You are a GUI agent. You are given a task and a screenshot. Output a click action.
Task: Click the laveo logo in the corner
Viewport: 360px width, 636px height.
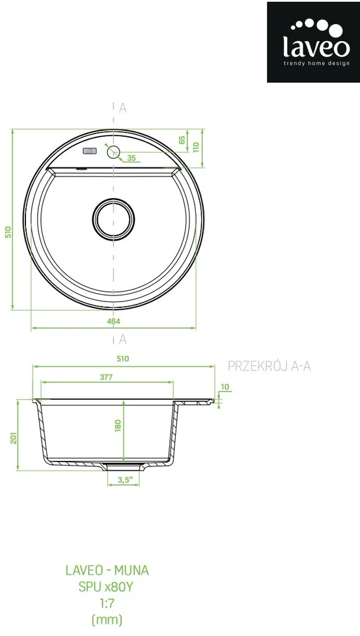(x=313, y=42)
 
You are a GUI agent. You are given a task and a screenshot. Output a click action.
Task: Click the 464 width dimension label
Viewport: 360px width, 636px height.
(x=114, y=321)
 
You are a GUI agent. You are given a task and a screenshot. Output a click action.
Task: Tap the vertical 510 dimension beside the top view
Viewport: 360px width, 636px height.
(x=8, y=232)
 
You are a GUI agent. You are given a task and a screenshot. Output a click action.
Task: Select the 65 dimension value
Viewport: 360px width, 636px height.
(x=182, y=140)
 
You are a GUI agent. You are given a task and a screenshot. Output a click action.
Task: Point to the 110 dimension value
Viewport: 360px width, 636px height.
(x=197, y=147)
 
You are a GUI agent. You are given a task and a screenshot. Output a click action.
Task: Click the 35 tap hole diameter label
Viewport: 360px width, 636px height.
(x=132, y=158)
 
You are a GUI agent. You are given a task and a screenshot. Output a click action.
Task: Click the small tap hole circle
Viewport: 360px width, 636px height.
(x=113, y=152)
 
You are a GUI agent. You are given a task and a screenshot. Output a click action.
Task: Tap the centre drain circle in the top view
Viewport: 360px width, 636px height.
(x=113, y=219)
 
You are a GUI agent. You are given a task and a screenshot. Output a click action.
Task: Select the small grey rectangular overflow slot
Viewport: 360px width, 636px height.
(x=90, y=151)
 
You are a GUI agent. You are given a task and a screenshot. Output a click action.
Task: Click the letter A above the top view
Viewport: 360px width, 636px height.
(x=123, y=108)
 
